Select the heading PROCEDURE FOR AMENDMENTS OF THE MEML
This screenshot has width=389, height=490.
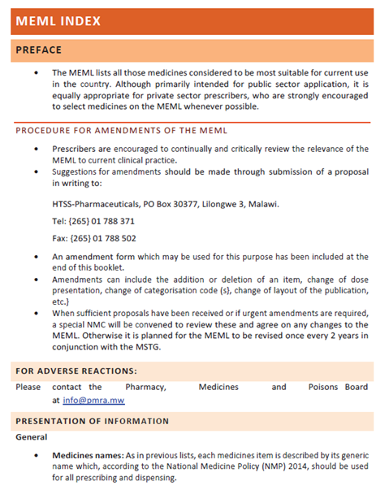[122, 131]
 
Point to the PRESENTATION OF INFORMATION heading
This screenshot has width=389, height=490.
[93, 421]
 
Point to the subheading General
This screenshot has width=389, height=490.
[32, 437]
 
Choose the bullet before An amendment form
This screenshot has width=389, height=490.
[36, 256]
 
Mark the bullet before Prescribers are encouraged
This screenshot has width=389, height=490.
[36, 150]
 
